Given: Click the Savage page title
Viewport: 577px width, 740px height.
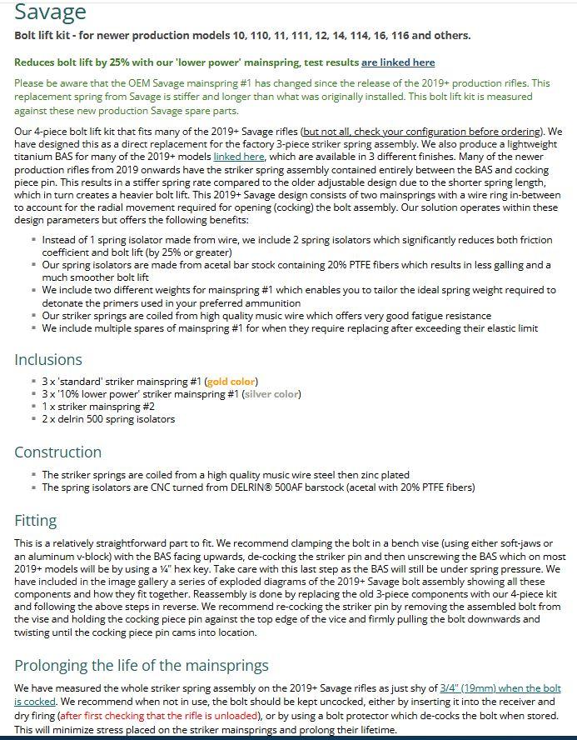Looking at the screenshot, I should pyautogui.click(x=50, y=12).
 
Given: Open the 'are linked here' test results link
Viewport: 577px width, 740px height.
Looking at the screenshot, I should pyautogui.click(x=398, y=62).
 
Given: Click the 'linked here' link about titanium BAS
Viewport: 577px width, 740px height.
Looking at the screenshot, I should pyautogui.click(x=239, y=156).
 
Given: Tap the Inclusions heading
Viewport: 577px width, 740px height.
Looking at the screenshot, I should pyautogui.click(x=48, y=360).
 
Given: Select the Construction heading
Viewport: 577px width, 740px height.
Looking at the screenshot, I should pyautogui.click(x=57, y=452).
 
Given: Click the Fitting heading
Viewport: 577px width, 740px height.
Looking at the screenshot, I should pyautogui.click(x=36, y=521).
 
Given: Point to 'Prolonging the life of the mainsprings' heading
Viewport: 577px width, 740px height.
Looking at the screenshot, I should pyautogui.click(x=142, y=665).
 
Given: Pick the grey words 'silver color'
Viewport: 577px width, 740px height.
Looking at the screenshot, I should pyautogui.click(x=271, y=394).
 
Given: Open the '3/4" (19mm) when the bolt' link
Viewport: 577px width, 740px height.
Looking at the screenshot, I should pyautogui.click(x=500, y=688).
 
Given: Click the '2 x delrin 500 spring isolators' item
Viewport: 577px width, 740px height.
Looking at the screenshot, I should pyautogui.click(x=108, y=419).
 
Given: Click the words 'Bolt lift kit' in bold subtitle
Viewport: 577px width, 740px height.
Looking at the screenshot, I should pyautogui.click(x=43, y=35).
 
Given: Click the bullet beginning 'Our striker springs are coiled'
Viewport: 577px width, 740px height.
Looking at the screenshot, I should pyautogui.click(x=266, y=316).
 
